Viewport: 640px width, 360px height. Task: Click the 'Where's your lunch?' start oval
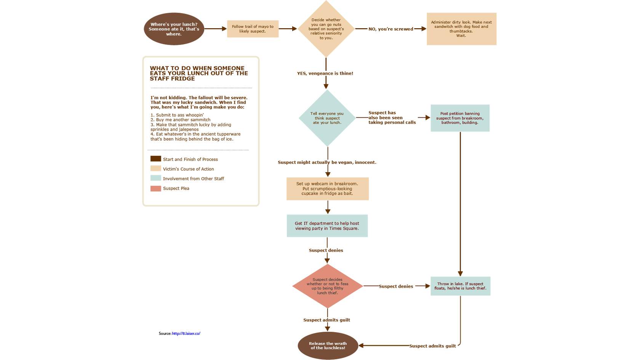pos(174,29)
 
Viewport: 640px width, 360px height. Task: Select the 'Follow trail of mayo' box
pos(253,29)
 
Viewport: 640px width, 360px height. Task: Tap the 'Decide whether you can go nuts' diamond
pos(326,29)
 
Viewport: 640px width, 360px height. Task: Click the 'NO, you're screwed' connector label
pos(390,29)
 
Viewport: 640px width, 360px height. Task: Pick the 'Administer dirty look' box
pos(461,29)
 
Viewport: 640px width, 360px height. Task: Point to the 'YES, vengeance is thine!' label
pos(325,74)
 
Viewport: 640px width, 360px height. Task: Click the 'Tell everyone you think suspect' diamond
pos(327,118)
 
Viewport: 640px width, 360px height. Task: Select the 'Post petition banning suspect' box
pos(460,118)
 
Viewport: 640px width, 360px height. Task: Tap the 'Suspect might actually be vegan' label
pos(327,162)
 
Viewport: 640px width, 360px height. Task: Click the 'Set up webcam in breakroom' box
pos(327,189)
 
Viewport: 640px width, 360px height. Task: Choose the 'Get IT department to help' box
pos(327,226)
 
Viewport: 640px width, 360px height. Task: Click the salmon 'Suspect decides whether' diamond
pos(327,286)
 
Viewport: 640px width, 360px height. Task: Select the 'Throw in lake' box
pos(460,286)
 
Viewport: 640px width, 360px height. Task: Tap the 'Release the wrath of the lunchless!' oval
pos(328,346)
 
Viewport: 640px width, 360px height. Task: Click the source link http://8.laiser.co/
pos(186,334)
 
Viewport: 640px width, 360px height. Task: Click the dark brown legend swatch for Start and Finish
pos(155,159)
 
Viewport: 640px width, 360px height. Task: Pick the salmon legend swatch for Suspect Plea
pos(155,189)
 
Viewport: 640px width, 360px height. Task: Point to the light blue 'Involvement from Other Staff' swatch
pos(155,178)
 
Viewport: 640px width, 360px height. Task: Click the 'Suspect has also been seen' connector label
pos(392,118)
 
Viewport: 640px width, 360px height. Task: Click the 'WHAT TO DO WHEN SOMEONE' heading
pos(198,74)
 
